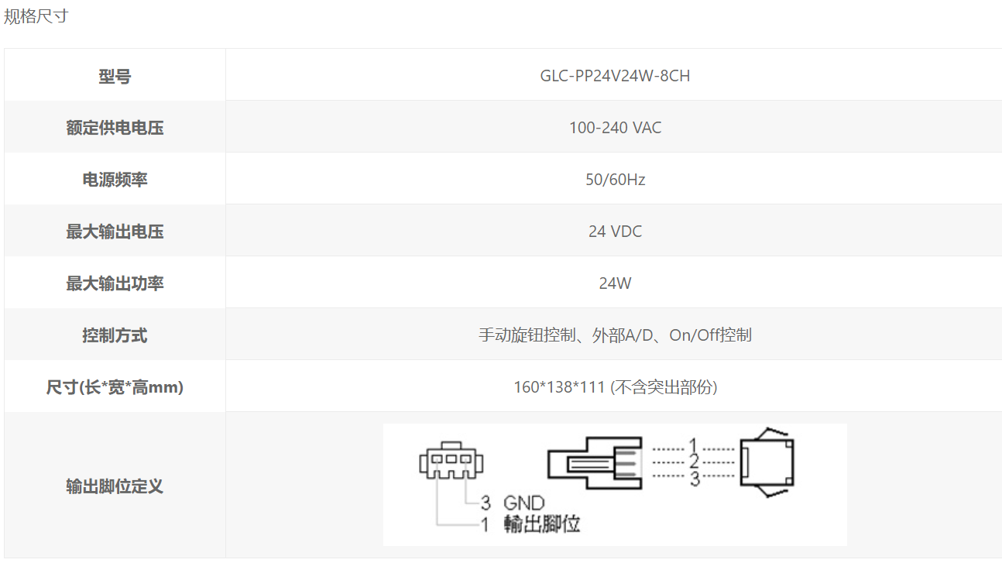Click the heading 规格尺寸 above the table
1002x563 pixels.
[x=36, y=16]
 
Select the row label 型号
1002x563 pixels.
[x=115, y=76]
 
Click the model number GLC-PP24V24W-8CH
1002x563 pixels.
[x=615, y=76]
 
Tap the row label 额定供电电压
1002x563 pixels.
[x=115, y=128]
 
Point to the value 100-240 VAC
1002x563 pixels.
[x=615, y=128]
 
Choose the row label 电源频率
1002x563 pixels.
[x=115, y=180]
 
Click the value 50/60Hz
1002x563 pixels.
[x=615, y=180]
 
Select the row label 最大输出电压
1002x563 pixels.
[x=115, y=232]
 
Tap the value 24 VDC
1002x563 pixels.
[x=615, y=232]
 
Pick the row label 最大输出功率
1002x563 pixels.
[x=115, y=283]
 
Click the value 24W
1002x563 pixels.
[x=615, y=283]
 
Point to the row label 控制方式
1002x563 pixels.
[x=115, y=335]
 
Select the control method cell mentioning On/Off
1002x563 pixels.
[x=615, y=335]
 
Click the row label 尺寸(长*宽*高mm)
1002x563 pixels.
[x=115, y=387]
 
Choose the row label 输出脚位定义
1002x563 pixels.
[x=115, y=486]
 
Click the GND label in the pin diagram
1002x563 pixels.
[x=523, y=503]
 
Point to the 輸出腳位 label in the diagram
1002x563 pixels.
[x=542, y=524]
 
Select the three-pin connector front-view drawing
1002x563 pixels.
[x=451, y=460]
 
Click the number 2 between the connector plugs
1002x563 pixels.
[x=694, y=462]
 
